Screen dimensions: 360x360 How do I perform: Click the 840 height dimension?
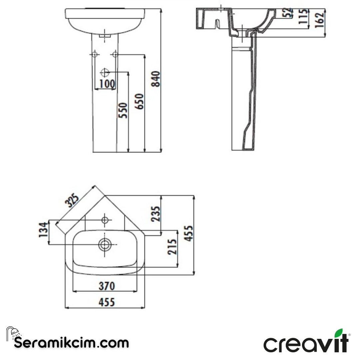pyautogui.click(x=156, y=79)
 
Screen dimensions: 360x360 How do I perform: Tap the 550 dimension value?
pyautogui.click(x=123, y=110)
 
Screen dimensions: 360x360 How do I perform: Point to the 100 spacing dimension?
pyautogui.click(x=107, y=84)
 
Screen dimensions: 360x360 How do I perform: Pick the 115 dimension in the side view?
pyautogui.click(x=303, y=16)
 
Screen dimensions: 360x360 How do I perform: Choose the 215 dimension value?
pyautogui.click(x=172, y=247)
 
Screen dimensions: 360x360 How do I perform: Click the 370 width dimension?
pyautogui.click(x=107, y=286)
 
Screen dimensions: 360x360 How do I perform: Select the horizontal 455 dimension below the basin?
pyautogui.click(x=107, y=302)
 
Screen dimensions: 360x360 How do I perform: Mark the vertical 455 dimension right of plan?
pyautogui.click(x=188, y=233)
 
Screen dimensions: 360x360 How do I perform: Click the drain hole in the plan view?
pyautogui.click(x=105, y=244)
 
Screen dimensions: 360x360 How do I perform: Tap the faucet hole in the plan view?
pyautogui.click(x=105, y=220)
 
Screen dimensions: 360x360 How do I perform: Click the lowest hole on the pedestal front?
pyautogui.click(x=105, y=72)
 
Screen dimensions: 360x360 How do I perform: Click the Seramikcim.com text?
pyautogui.click(x=71, y=342)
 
